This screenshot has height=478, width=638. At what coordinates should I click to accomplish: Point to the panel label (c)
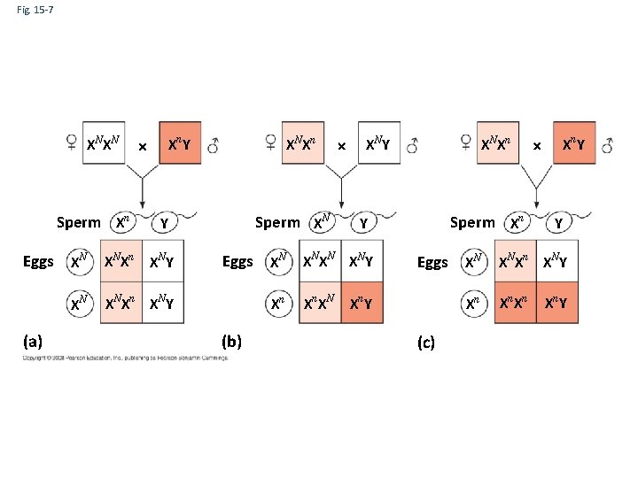coord(425,343)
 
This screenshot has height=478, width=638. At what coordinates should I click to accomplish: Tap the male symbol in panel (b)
coord(412,145)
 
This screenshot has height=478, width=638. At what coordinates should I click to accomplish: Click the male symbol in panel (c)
coord(607,145)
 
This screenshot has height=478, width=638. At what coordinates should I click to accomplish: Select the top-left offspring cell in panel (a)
coord(120,261)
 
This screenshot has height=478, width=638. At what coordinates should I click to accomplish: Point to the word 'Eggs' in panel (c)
coord(432,262)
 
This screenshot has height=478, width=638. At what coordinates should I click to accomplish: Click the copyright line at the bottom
coord(124,358)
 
